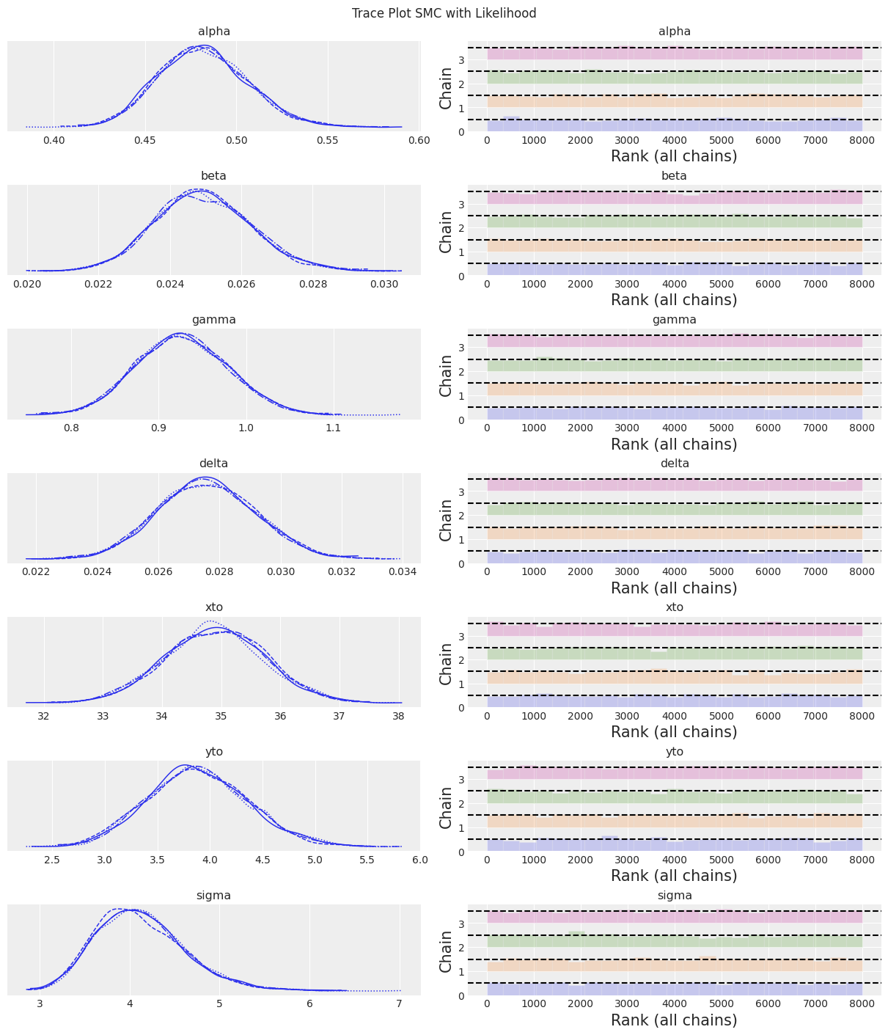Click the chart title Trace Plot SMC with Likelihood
coord(444,13)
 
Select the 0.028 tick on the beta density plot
coord(312,284)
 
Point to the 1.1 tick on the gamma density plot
coord(334,428)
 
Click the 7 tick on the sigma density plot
coord(399,1003)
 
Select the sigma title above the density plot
coord(213,896)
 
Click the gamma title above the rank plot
coord(674,320)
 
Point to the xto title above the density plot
coord(213,607)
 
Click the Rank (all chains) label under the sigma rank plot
coord(674,1020)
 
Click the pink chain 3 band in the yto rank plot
coord(674,773)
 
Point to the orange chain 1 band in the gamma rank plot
coord(674,390)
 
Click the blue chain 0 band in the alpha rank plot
coord(674,125)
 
